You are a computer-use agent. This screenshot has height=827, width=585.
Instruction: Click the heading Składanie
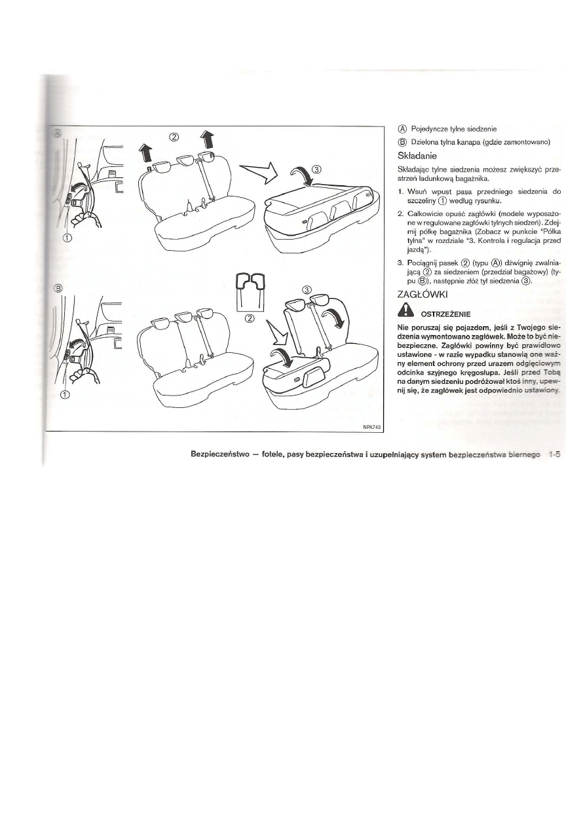point(421,157)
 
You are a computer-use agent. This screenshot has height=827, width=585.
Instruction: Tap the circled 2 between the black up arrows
point(174,138)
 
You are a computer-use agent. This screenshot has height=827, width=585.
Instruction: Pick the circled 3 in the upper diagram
point(318,168)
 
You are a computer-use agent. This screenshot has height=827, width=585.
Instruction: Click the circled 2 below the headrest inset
point(249,319)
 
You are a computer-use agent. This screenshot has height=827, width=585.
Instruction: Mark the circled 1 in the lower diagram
point(64,394)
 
